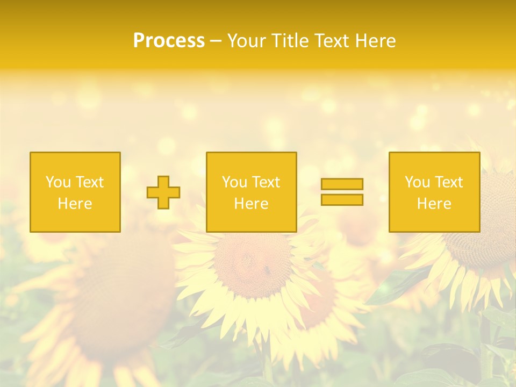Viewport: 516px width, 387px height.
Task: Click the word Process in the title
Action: click(169, 41)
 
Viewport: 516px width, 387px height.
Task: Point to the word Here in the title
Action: click(375, 41)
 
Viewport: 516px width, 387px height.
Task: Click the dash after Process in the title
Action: click(216, 41)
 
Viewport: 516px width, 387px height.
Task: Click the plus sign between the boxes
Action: click(163, 192)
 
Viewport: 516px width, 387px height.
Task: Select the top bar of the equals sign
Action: click(342, 184)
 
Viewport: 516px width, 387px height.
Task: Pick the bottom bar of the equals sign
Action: click(342, 200)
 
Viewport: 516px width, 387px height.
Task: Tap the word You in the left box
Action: click(58, 182)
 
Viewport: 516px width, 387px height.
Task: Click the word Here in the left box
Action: click(75, 204)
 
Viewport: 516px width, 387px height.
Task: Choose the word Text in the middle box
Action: click(266, 182)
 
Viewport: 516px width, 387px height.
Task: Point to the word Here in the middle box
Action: click(251, 204)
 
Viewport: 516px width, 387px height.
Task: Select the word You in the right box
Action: click(417, 182)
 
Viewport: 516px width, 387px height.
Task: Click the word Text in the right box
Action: click(448, 182)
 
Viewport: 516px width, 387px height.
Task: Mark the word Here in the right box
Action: click(434, 204)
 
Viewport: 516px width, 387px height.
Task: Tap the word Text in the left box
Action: click(89, 182)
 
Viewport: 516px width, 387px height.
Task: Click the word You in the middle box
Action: click(234, 182)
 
